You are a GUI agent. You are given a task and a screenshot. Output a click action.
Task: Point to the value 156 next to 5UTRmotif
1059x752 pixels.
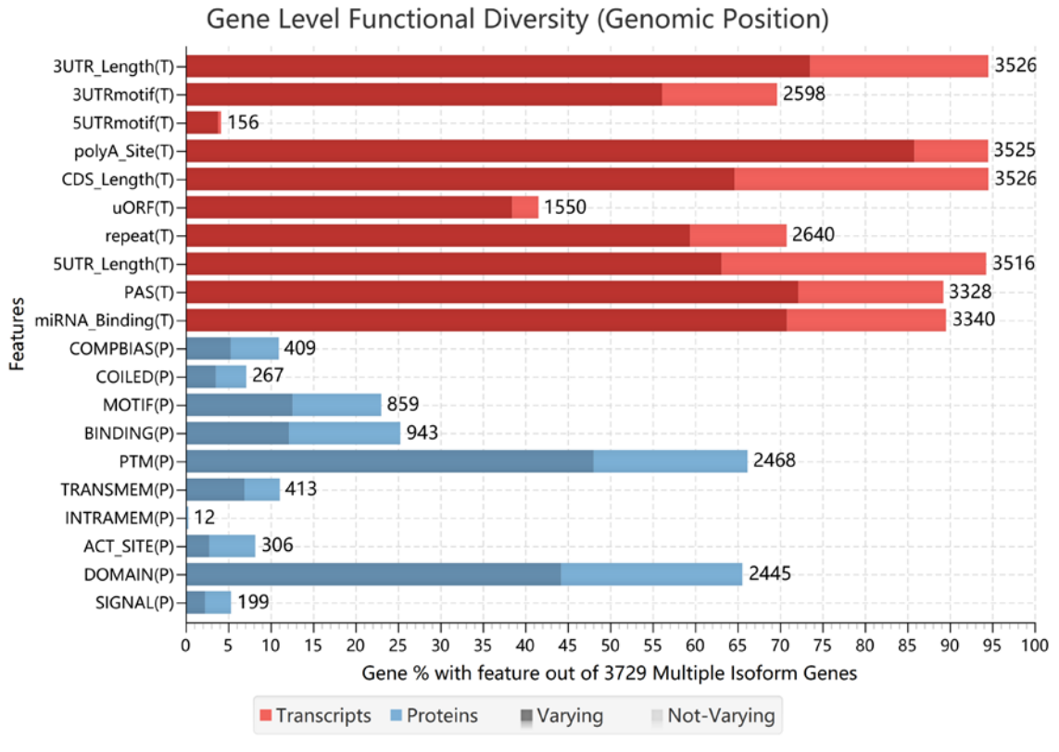click(243, 122)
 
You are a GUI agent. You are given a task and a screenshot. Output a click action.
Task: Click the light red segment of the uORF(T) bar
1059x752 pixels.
click(524, 207)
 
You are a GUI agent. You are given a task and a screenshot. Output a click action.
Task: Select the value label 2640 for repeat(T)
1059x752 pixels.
click(812, 235)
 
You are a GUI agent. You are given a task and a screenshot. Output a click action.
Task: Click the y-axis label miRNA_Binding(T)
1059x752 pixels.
click(105, 320)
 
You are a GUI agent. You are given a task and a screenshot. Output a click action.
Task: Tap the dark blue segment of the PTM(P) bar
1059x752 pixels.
click(389, 461)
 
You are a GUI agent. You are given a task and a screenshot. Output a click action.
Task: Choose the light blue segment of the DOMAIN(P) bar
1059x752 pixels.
click(651, 574)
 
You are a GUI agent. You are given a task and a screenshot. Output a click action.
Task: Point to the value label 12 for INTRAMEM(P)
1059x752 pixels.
click(205, 518)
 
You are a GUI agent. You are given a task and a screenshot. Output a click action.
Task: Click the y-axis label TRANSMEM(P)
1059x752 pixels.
click(130, 489)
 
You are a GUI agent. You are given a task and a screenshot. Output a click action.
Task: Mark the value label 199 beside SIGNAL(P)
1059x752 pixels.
click(252, 603)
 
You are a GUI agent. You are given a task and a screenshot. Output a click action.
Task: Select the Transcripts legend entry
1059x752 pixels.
click(315, 716)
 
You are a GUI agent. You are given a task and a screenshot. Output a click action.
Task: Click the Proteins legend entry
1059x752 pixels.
click(435, 716)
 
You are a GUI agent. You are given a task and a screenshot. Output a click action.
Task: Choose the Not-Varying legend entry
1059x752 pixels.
click(712, 716)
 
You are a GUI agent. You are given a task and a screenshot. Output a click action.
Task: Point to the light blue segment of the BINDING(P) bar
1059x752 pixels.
click(344, 433)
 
